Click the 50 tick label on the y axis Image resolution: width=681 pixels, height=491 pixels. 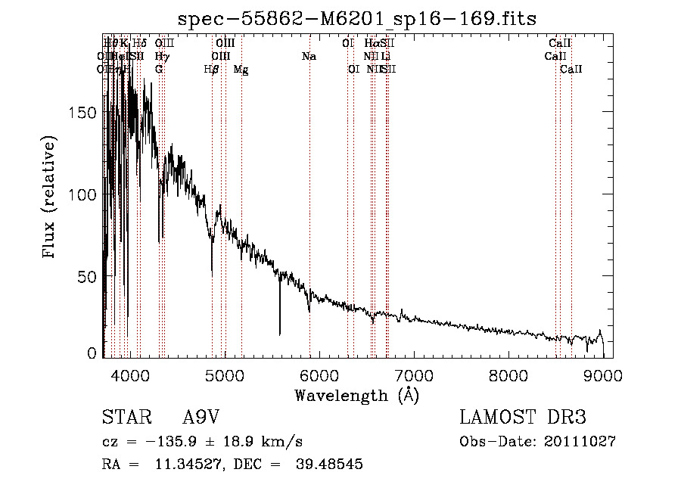point(89,277)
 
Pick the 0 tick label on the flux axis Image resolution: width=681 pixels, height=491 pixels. point(94,353)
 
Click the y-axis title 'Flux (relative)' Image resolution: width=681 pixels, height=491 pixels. point(51,197)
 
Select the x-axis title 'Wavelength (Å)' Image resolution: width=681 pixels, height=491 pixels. point(356,395)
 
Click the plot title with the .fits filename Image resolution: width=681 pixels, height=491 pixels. point(356,18)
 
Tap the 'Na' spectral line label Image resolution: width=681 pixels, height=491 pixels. point(309,56)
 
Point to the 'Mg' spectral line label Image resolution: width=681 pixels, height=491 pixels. point(241,70)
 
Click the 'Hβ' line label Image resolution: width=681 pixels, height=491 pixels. point(212,70)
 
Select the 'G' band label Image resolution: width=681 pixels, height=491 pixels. point(159,69)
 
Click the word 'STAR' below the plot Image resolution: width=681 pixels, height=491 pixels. point(126,418)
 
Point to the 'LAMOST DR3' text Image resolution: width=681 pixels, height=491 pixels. point(522,418)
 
